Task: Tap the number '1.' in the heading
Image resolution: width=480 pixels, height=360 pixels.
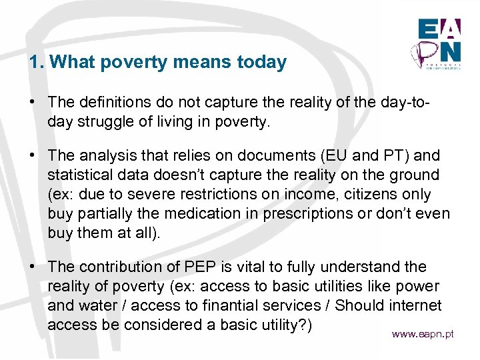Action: [x=37, y=63]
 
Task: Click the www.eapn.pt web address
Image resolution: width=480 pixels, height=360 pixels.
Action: [x=423, y=334]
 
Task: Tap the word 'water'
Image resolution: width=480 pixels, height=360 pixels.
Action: [x=95, y=305]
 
